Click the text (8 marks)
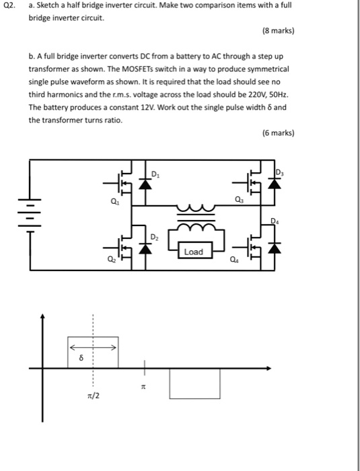click(x=278, y=31)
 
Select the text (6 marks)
click(x=278, y=133)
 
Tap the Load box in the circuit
click(x=193, y=252)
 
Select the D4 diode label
click(x=274, y=220)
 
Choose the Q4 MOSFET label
click(x=233, y=260)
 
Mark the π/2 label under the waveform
click(x=93, y=396)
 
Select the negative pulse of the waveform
click(x=194, y=383)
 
